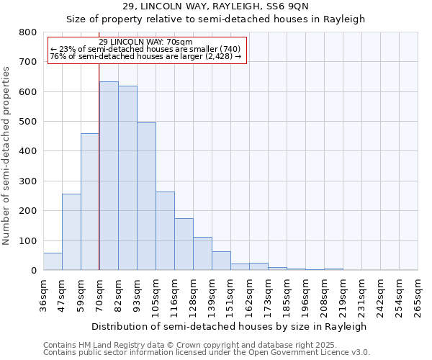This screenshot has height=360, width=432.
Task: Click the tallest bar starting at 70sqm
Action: (x=109, y=176)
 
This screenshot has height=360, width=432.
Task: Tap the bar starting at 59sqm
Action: (x=90, y=202)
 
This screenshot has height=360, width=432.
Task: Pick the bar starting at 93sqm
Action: (x=146, y=197)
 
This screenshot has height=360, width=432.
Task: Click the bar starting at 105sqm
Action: (x=165, y=231)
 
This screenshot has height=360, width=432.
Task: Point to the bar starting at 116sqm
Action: (x=184, y=244)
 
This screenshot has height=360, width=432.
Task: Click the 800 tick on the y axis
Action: (x=27, y=32)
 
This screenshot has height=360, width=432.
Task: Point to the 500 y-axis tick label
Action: (x=27, y=122)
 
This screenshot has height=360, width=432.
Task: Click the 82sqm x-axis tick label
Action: (x=119, y=297)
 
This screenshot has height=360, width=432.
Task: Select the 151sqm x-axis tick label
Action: (x=231, y=297)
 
